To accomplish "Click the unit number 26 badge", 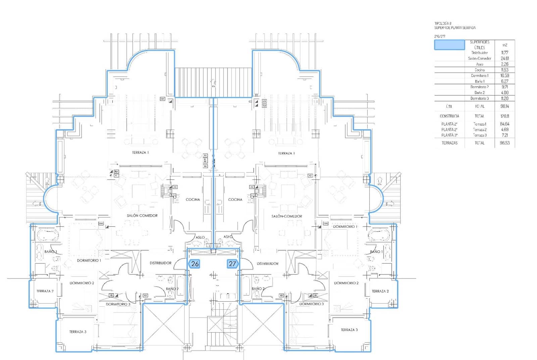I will [195, 264].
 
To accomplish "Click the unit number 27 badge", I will [232, 264].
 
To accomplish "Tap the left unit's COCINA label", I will [193, 200].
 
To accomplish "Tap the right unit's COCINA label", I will [235, 200].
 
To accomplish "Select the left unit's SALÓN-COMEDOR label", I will [142, 216].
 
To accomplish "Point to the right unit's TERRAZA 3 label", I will [349, 330].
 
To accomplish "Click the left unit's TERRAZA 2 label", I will [45, 291].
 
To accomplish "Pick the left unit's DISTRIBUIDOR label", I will [160, 263].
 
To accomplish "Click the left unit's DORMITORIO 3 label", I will [118, 304].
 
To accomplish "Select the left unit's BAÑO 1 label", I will [51, 252].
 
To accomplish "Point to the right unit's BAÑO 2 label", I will [258, 289].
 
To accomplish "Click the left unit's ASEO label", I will [200, 237].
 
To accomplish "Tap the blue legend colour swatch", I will [449, 45].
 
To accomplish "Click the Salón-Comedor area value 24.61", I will [504, 58].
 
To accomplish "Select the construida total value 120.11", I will [504, 116].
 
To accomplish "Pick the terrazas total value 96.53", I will [504, 143].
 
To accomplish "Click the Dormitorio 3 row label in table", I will [479, 99].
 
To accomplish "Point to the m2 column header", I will [504, 45].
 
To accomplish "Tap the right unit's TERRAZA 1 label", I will [286, 153].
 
